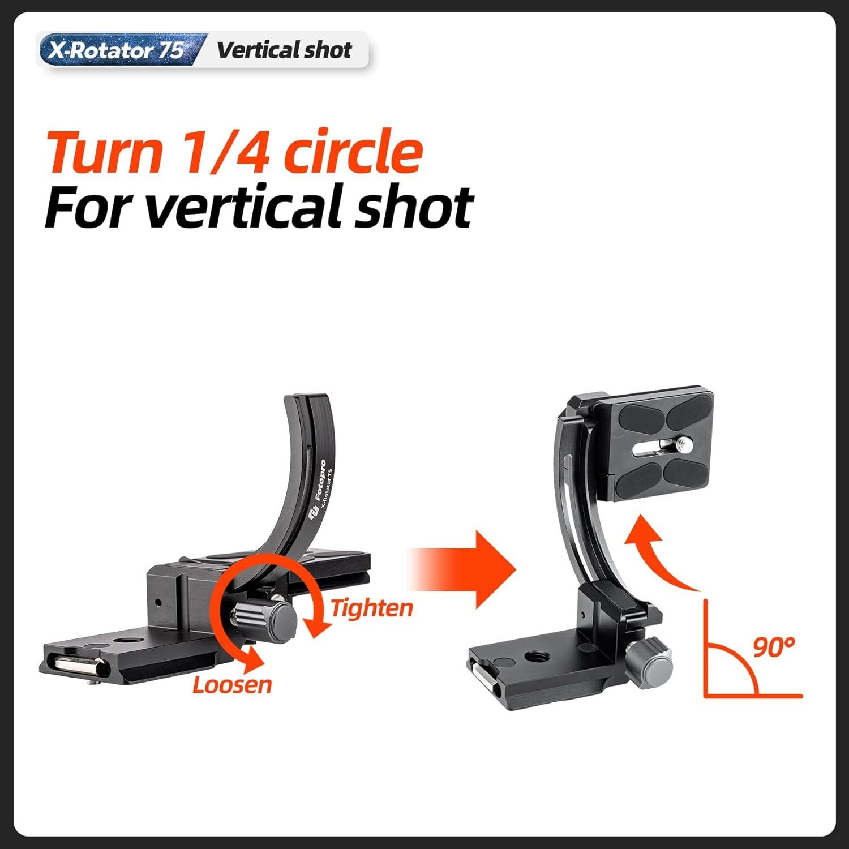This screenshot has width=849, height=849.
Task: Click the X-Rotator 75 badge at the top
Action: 116,50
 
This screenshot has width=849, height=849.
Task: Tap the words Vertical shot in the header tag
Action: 284,50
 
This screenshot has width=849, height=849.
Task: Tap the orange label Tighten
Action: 371,608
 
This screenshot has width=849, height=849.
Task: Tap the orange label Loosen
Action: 232,684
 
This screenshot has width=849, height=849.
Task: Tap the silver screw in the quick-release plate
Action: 684,442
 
